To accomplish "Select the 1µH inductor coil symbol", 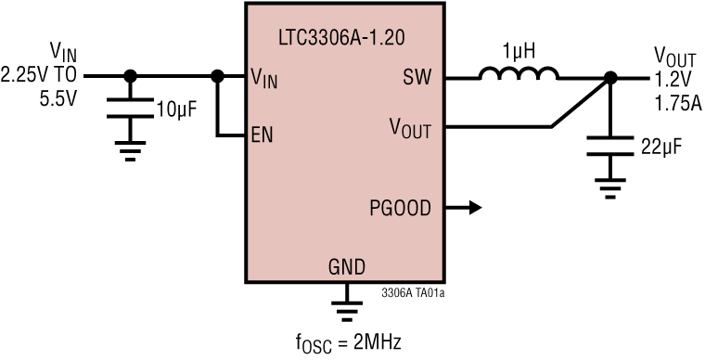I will tap(519, 74).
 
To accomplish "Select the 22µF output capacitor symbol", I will tap(609, 146).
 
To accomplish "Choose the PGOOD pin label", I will tap(401, 208).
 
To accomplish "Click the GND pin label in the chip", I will tap(346, 267).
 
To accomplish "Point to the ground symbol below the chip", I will tap(346, 305).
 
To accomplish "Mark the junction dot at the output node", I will tap(609, 79).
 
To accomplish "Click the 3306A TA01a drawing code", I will tap(412, 292).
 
